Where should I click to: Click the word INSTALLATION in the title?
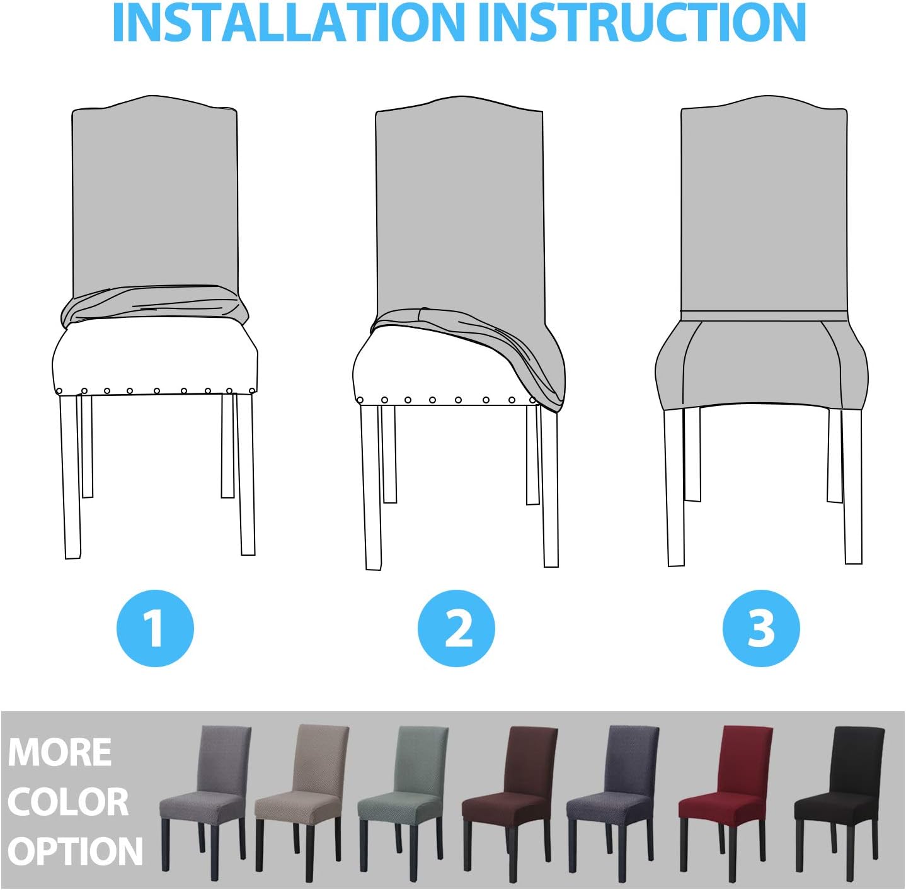point(288,23)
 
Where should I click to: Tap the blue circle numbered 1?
point(155,628)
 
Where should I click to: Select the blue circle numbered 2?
point(456,628)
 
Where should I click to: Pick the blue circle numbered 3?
point(760,628)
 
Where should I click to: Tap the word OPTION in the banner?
point(75,851)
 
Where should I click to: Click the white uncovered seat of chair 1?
point(155,359)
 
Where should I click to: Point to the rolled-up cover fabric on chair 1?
point(154,305)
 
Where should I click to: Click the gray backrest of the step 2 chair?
point(459,206)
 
